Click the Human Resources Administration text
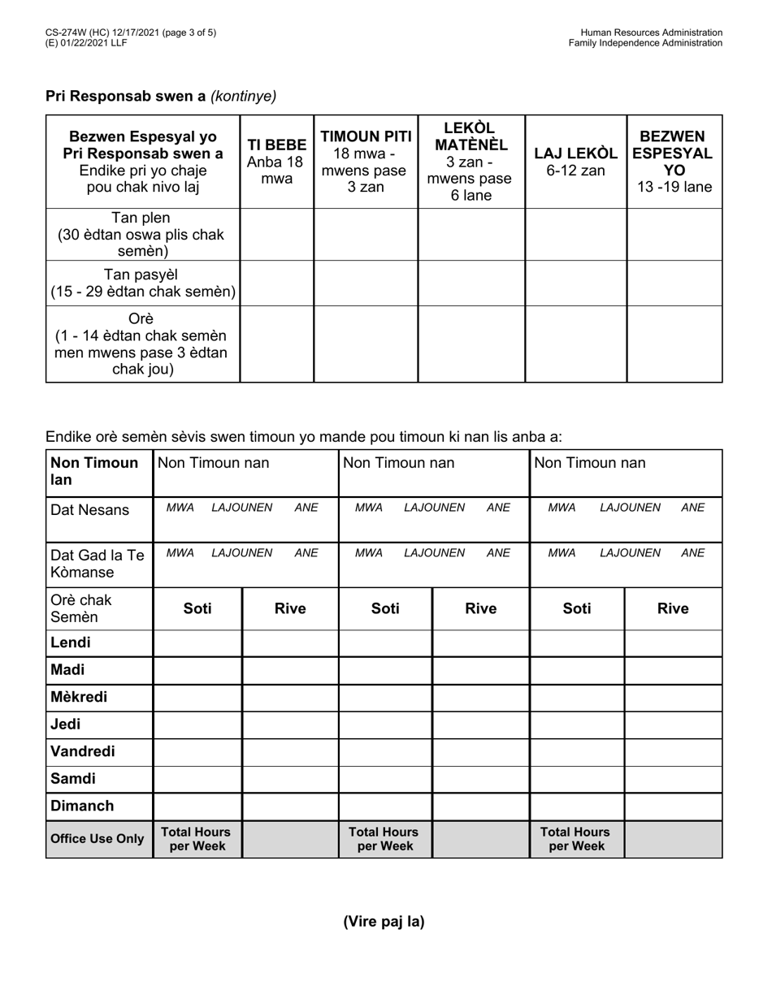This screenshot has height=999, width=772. click(651, 32)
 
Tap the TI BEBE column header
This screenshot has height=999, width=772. click(276, 161)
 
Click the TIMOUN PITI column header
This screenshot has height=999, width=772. click(366, 161)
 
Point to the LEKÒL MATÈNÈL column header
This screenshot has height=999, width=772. click(471, 161)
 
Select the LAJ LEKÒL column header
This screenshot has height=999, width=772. click(575, 162)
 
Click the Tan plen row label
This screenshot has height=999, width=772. click(142, 234)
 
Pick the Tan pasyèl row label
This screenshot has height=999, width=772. click(142, 283)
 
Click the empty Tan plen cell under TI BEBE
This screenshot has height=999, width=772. click(276, 234)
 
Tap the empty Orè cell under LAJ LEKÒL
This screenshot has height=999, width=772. click(575, 344)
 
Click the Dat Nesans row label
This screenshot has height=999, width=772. click(89, 510)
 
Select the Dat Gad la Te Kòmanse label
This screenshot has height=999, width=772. click(98, 564)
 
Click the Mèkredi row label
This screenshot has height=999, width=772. click(79, 697)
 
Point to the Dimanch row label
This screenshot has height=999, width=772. click(82, 806)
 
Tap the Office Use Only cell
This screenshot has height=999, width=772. click(98, 839)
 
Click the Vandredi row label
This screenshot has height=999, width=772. click(83, 751)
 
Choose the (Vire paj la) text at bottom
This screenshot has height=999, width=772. click(384, 921)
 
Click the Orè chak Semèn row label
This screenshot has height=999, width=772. click(81, 608)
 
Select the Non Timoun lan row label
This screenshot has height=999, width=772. click(94, 471)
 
